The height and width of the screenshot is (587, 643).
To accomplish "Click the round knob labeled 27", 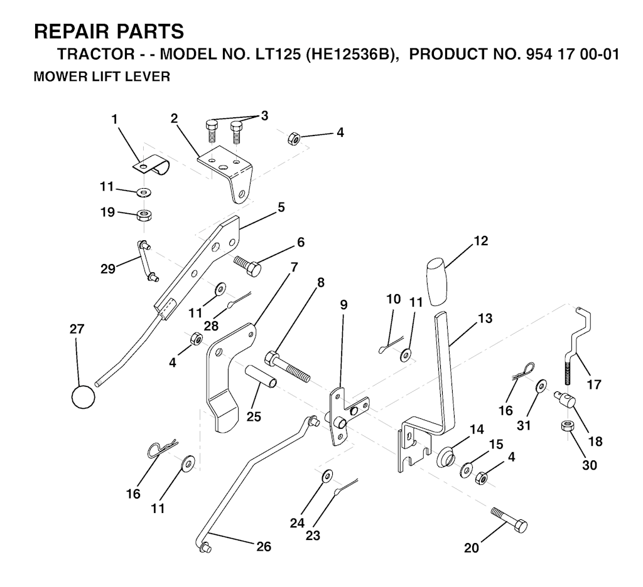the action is click(x=84, y=396).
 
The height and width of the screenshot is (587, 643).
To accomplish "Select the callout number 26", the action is click(x=263, y=546).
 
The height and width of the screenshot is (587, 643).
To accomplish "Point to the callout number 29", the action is click(x=108, y=268).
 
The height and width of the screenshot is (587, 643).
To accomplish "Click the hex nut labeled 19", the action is click(x=143, y=214).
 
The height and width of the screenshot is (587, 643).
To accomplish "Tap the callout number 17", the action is click(x=594, y=384).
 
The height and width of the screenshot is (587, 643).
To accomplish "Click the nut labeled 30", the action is click(x=567, y=426).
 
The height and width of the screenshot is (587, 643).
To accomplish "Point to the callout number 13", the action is click(x=485, y=318).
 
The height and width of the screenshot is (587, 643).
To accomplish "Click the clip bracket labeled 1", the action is click(x=151, y=164).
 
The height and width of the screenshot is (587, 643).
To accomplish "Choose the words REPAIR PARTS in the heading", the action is click(x=109, y=31).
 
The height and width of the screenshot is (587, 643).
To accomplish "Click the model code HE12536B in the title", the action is click(x=347, y=54).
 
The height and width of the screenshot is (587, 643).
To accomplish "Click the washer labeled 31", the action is click(x=541, y=385).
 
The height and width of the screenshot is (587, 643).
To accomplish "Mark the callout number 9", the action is click(x=343, y=305).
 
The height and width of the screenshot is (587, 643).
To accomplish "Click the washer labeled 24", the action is click(x=327, y=476).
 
